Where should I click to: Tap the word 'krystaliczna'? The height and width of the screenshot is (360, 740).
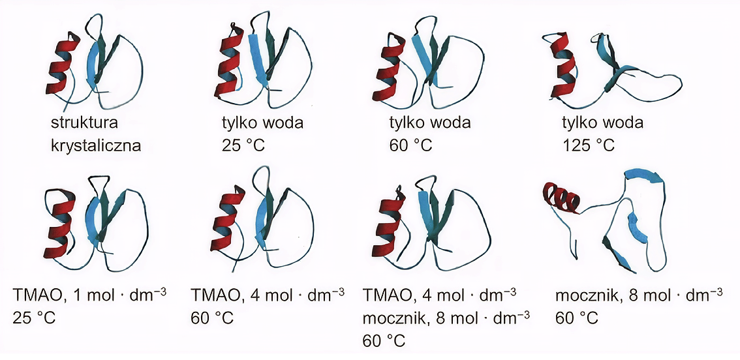97,145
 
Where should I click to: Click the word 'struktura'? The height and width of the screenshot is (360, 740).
84,124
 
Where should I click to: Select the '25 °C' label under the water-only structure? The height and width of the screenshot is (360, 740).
243,145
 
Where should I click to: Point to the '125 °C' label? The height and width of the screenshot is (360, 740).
588,145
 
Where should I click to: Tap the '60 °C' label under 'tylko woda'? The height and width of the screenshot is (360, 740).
410,145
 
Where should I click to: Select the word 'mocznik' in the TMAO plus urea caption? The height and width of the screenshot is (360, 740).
393,318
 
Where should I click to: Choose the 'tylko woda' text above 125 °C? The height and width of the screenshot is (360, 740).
603,124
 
